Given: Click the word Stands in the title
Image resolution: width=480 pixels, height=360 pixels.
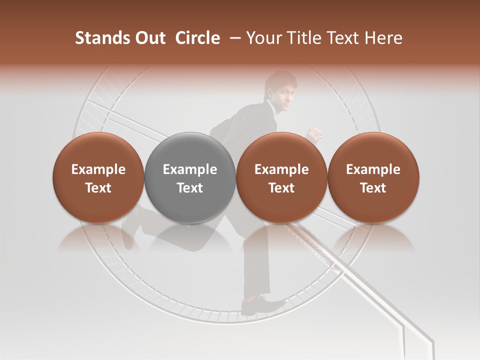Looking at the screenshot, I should [101, 38].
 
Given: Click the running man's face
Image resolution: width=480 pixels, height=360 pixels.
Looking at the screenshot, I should [282, 92].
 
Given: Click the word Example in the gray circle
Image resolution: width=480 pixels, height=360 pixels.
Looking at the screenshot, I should [190, 169].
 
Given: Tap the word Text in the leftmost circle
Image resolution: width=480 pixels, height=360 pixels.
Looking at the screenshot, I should [98, 188].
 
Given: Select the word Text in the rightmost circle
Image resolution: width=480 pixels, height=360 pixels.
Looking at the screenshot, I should [373, 188].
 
